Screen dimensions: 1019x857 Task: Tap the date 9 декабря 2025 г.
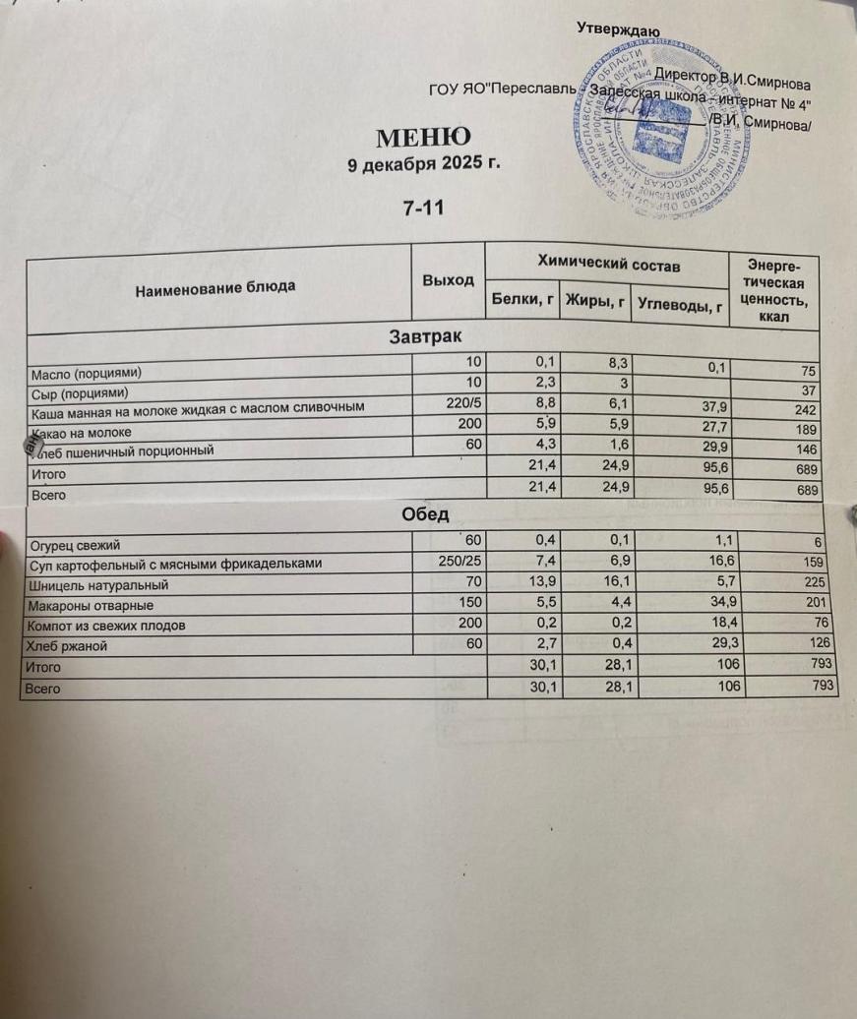pos(425,164)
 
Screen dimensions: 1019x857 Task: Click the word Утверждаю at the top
pos(618,30)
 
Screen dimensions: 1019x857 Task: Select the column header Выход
pos(448,281)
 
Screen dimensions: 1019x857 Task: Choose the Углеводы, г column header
pos(679,306)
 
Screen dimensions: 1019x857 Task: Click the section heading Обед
pos(425,514)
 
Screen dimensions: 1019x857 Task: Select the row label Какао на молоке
pos(80,432)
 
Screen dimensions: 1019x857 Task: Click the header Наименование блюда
pos(214,288)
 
